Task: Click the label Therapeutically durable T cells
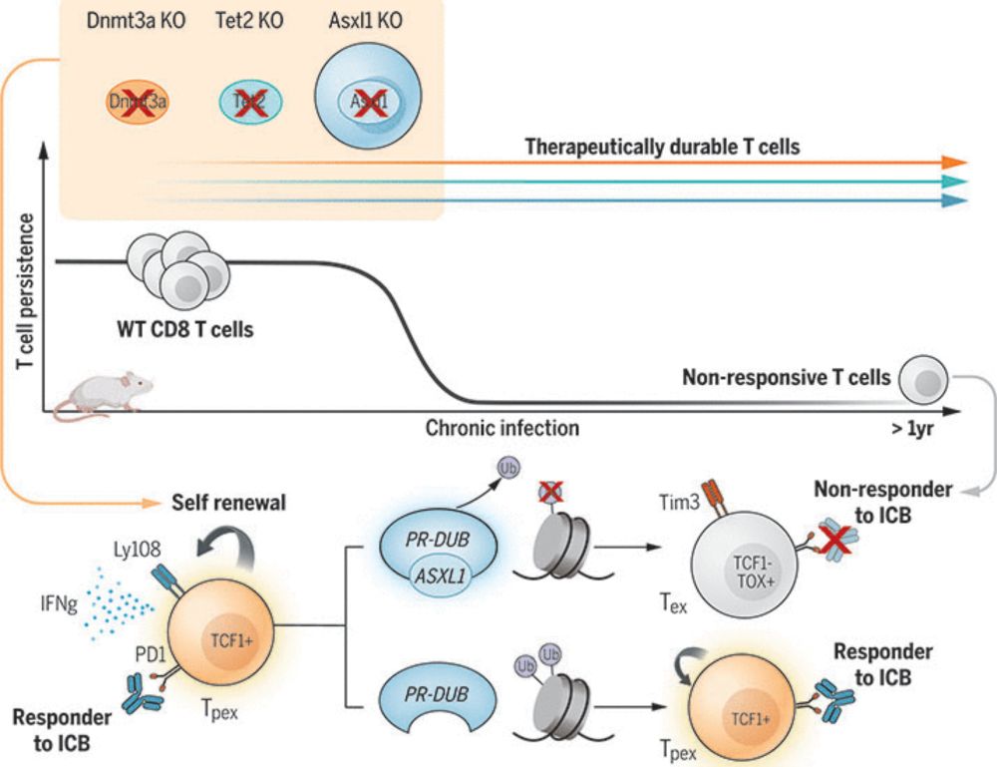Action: point(663,147)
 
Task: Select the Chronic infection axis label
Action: point(502,429)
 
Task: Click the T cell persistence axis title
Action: point(27,290)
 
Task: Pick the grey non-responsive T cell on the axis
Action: point(923,379)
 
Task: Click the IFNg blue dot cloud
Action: point(121,604)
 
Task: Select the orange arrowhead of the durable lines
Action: point(955,162)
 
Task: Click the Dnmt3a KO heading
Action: point(135,22)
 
